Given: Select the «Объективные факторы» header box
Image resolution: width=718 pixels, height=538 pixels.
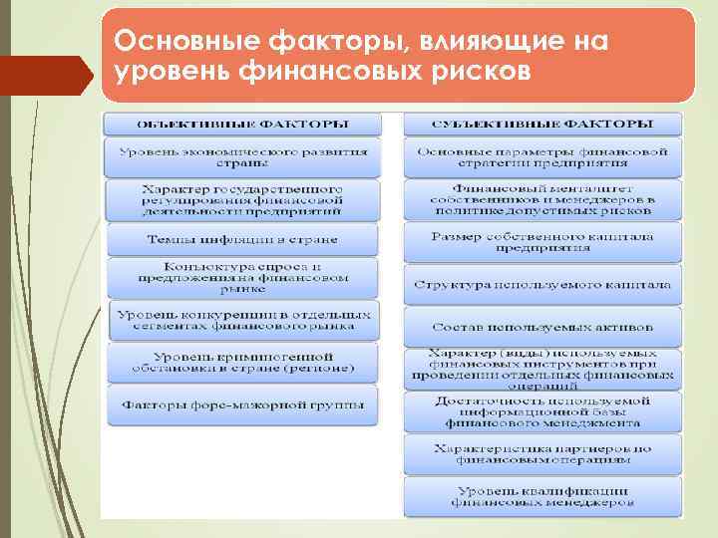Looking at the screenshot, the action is coord(242,125).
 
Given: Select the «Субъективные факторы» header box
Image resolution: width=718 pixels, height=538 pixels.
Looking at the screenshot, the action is coord(542,125).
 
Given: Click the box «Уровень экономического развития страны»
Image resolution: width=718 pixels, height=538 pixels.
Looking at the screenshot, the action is coord(242,157).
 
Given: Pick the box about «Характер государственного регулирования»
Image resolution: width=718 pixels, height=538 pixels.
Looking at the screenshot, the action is coord(242,199).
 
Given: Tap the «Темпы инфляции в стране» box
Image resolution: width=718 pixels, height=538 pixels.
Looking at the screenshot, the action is coord(242,239).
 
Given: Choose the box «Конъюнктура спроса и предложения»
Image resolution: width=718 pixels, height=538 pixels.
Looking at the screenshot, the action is coord(242,277).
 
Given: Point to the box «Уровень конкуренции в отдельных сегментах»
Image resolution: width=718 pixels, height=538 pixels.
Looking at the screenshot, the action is coord(242,320).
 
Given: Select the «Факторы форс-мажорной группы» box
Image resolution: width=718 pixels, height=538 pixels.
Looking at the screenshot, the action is coord(242,405).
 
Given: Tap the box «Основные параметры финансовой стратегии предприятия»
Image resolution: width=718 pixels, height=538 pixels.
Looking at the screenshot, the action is coord(542,157).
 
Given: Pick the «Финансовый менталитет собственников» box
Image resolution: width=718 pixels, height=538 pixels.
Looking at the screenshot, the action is coord(542,199).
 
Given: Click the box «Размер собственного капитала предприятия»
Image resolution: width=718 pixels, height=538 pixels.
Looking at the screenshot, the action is coord(542,242).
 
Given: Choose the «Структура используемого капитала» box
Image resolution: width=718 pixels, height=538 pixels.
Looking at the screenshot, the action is coord(542,284).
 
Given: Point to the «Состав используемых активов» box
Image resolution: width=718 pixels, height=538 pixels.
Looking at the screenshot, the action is coord(542,326).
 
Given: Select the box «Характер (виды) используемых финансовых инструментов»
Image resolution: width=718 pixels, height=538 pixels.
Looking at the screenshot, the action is coord(542,368).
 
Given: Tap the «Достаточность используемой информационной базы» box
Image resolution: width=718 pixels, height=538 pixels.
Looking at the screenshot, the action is coord(542,411).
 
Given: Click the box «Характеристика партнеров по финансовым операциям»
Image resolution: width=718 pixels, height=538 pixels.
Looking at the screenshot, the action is coord(542,454).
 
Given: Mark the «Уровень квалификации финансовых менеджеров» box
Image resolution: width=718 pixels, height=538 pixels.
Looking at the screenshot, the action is coord(542,496).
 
